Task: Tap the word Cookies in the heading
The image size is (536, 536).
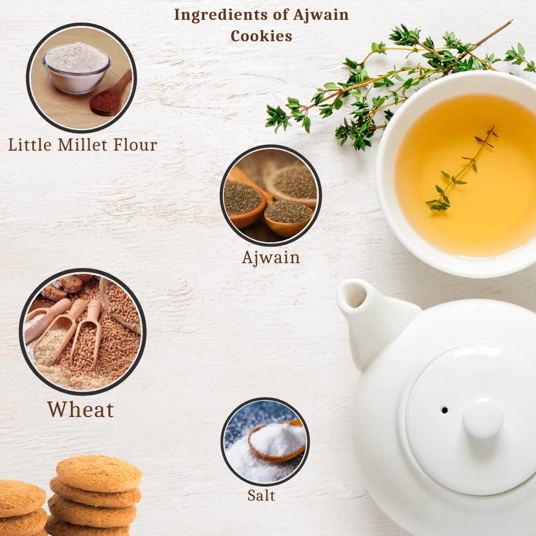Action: click(x=262, y=36)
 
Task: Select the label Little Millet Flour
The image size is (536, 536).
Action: click(x=83, y=145)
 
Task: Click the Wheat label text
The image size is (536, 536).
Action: click(x=81, y=410)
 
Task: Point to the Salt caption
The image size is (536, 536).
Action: click(x=261, y=495)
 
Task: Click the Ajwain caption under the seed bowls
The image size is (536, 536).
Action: click(x=271, y=258)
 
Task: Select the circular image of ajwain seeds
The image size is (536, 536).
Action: click(x=271, y=195)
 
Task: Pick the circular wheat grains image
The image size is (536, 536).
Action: click(x=83, y=332)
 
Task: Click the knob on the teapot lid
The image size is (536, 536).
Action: click(x=483, y=418)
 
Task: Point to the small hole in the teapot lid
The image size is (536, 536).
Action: click(x=445, y=410)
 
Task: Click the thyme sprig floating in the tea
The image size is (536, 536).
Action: click(x=461, y=168)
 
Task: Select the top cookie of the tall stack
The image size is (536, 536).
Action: click(x=99, y=474)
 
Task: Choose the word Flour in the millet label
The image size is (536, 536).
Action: click(x=136, y=145)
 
